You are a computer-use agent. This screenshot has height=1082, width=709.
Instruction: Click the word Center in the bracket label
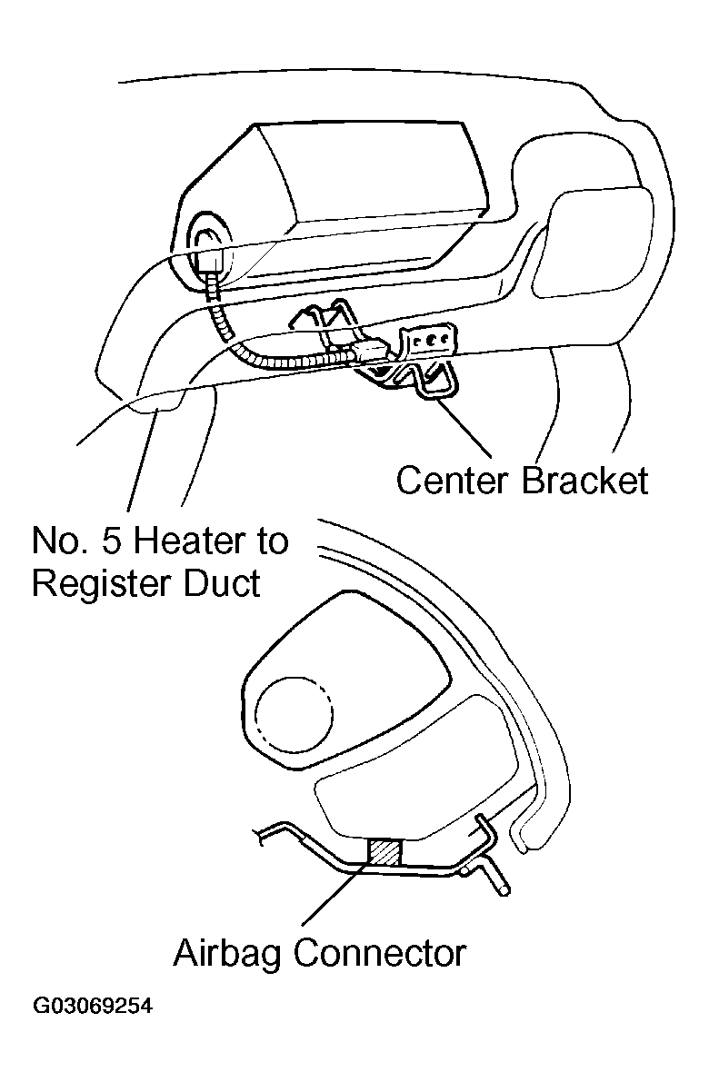pos(452,481)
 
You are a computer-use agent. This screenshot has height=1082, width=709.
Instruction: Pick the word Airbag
pos(229,954)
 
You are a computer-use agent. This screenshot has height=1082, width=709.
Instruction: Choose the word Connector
pos(381,954)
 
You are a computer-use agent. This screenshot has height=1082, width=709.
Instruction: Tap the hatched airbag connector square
pos(383,851)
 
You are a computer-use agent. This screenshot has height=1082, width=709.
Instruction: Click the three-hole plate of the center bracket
pos(431,341)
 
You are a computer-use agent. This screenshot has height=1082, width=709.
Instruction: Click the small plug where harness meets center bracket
pos(368,351)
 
